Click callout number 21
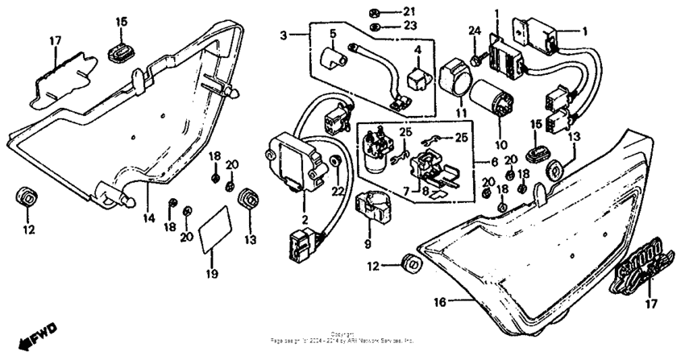pyautogui.click(x=409, y=11)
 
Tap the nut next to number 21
pyautogui.click(x=375, y=12)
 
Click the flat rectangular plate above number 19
pyautogui.click(x=214, y=226)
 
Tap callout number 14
pyautogui.click(x=148, y=217)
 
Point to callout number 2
pyautogui.click(x=303, y=220)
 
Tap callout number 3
pyautogui.click(x=283, y=35)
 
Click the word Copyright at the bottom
pyautogui.click(x=342, y=333)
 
